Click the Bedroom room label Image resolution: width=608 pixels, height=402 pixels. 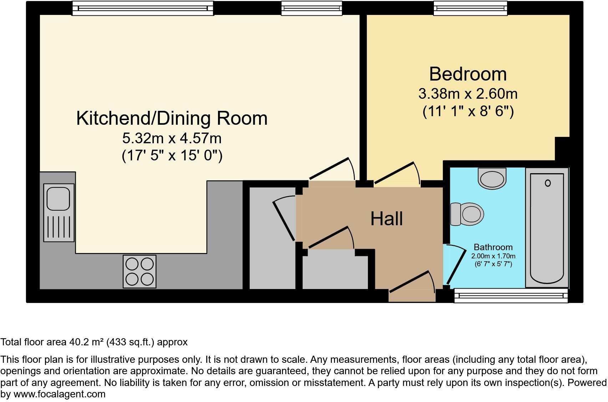[468, 74]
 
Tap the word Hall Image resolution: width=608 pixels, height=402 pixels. [386, 219]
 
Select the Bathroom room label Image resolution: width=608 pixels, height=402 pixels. [493, 247]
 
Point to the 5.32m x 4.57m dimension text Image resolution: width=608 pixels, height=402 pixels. [172, 138]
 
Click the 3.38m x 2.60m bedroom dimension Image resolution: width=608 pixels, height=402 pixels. [468, 94]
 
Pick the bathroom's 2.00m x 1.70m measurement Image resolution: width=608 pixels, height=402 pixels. [493, 256]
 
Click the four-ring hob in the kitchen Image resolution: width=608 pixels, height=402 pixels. [140, 271]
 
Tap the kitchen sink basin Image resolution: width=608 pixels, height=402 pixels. [59, 199]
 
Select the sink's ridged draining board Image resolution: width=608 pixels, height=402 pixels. [59, 227]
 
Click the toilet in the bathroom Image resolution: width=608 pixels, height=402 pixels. [467, 214]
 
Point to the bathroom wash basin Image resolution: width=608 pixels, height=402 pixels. [492, 178]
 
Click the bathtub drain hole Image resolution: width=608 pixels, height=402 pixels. [548, 183]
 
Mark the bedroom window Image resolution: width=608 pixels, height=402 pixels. [470, 8]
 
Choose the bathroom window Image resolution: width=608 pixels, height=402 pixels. [511, 295]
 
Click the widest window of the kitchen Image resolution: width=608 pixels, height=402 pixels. [143, 8]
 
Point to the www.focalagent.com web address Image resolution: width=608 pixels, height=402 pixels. [60, 394]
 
